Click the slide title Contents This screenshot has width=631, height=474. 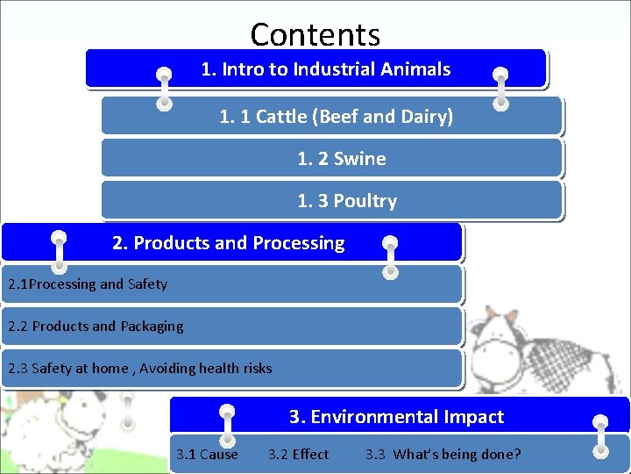[x=315, y=34]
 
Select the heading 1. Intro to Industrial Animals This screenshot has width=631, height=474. [x=325, y=69]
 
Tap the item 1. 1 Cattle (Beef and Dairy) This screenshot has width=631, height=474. [x=336, y=116]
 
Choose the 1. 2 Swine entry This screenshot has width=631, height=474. [x=342, y=159]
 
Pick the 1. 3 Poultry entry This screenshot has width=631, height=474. [x=347, y=201]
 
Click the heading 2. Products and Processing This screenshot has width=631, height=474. [x=229, y=243]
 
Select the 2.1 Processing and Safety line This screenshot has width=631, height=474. [x=88, y=284]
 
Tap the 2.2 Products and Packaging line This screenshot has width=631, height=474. [x=96, y=327]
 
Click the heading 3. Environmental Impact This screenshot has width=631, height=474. [x=396, y=417]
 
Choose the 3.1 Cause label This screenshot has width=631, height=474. [x=207, y=455]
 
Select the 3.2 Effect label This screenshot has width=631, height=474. [x=298, y=455]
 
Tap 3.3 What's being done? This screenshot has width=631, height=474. [x=443, y=455]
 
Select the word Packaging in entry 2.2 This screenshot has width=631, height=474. [x=152, y=327]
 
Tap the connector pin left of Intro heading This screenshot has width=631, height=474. [x=163, y=88]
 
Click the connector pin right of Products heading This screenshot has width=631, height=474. [x=391, y=257]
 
